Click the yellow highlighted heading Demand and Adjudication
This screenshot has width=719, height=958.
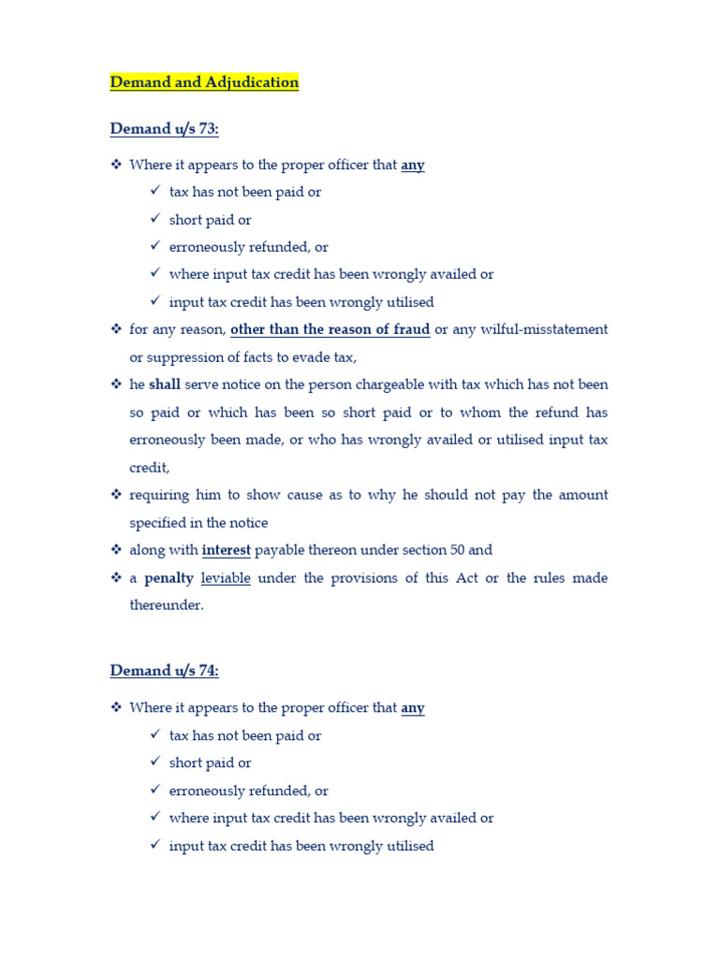[x=204, y=82]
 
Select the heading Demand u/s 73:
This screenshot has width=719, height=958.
[x=164, y=129]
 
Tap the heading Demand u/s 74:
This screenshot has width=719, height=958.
[x=164, y=671]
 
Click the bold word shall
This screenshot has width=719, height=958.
[x=165, y=385]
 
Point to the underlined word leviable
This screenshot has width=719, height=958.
[x=226, y=578]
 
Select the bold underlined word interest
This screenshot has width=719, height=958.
[x=227, y=550]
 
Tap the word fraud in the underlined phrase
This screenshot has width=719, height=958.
[x=411, y=329]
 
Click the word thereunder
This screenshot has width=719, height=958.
[x=166, y=605]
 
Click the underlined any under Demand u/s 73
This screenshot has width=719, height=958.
[x=413, y=165]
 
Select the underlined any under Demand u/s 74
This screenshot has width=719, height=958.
[x=413, y=708]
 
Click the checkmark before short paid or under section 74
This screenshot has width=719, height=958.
[x=155, y=762]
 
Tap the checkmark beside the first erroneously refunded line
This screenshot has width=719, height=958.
[x=155, y=247]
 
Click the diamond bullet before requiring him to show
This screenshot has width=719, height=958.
[x=117, y=494]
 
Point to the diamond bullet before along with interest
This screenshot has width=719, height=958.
[x=117, y=549]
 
